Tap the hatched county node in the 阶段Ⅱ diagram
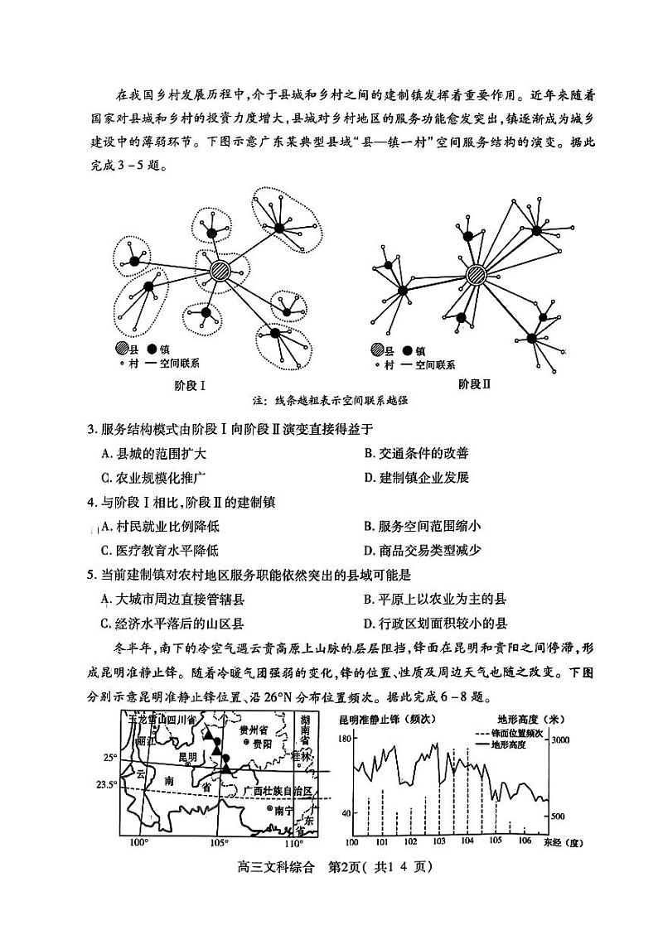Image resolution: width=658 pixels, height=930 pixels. click(x=476, y=275)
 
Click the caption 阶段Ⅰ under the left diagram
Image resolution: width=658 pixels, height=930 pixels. click(x=190, y=384)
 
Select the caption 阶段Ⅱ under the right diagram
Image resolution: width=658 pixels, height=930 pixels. click(x=475, y=384)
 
